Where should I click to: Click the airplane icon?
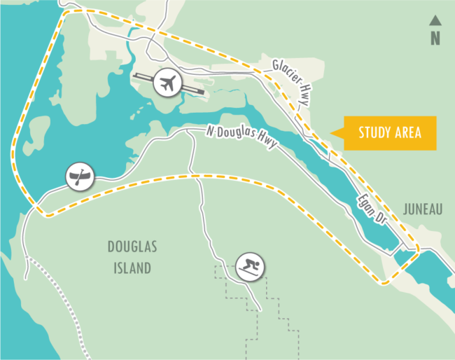(x=167, y=83)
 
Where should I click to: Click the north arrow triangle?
(x=435, y=20)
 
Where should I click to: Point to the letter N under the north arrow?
(x=435, y=38)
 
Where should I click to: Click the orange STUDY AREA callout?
(x=388, y=133)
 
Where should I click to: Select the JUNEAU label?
(x=423, y=209)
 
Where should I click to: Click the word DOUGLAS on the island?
(x=132, y=247)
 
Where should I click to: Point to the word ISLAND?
(x=132, y=268)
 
